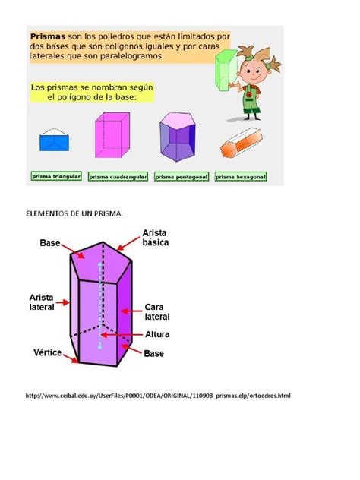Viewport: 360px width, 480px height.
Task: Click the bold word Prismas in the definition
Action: [x=47, y=36]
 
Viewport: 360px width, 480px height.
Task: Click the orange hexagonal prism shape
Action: [x=240, y=144]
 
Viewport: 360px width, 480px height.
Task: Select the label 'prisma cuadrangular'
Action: [x=118, y=176]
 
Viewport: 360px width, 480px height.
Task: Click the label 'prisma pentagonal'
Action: [x=182, y=176]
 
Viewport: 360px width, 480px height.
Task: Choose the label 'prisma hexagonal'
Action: [x=240, y=176]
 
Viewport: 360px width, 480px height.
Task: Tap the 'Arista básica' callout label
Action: [x=155, y=238]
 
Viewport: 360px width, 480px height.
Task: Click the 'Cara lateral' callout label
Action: [x=156, y=311]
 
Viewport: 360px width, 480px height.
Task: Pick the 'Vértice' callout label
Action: [x=46, y=352]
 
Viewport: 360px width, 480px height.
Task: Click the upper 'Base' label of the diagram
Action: [x=50, y=244]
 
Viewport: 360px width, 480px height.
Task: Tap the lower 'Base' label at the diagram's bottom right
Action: [x=154, y=353]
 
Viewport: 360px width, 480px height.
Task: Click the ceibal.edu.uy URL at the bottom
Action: [x=157, y=396]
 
